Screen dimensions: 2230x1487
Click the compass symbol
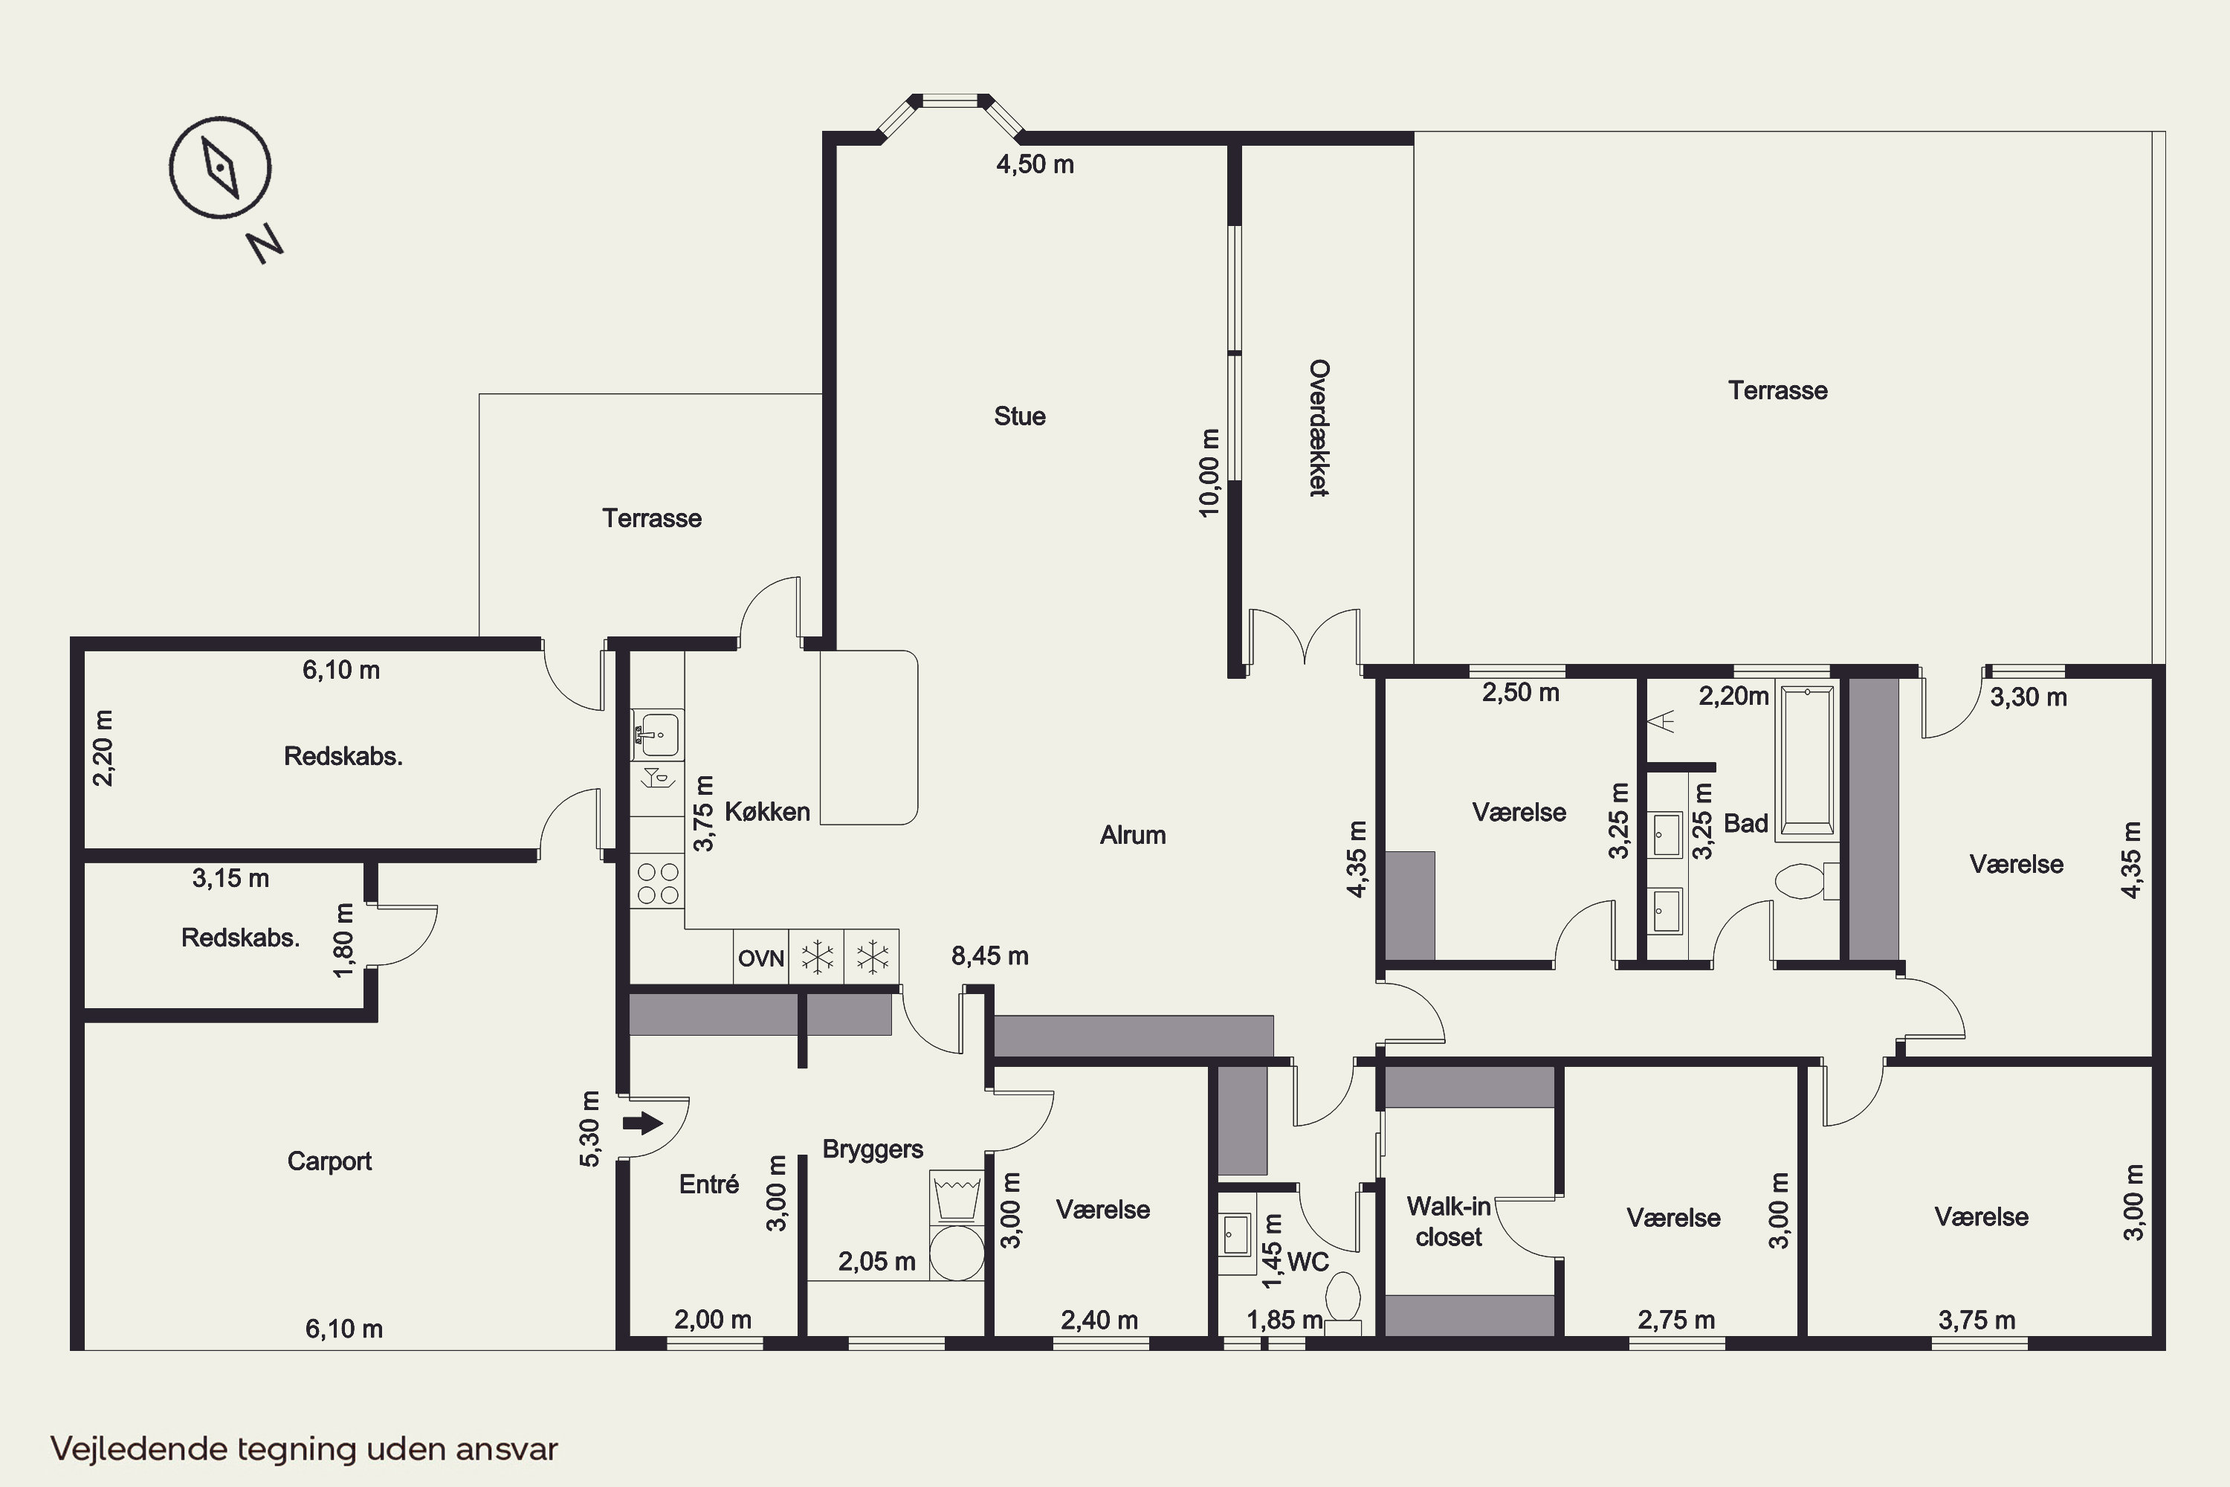pos(220,168)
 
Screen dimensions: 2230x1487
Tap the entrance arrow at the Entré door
pos(643,1123)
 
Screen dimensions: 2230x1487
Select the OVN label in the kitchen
pos(760,959)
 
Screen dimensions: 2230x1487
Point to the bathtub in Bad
pos(1806,758)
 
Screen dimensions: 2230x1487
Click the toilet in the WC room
pos(1342,1298)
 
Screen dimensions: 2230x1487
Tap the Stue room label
pos(1019,416)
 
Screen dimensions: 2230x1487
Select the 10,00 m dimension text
pos(1208,473)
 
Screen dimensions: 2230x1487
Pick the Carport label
pos(329,1161)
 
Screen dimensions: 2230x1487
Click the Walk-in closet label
pos(1448,1222)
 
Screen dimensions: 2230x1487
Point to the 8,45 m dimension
pos(990,956)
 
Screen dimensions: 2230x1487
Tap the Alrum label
pos(1132,836)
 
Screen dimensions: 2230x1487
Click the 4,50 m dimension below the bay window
pos(1035,165)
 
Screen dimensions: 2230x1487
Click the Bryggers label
pos(872,1149)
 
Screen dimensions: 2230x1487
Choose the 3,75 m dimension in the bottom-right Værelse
pos(1977,1320)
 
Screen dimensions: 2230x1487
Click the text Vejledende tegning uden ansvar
pos(304,1449)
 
